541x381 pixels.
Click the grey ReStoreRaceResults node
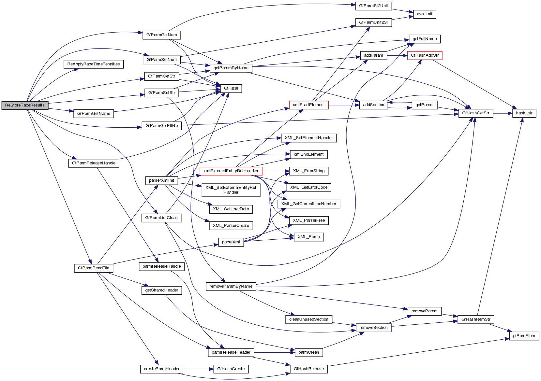click(25, 105)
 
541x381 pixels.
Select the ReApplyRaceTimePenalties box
click(93, 64)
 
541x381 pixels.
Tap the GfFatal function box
click(231, 88)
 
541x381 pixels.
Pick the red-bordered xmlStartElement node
click(308, 105)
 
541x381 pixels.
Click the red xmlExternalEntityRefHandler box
click(231, 171)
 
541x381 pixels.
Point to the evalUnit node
click(424, 14)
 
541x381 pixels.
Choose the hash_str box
click(524, 113)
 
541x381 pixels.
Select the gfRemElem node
click(524, 336)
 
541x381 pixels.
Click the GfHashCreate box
click(231, 369)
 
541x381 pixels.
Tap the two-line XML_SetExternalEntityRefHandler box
click(231, 190)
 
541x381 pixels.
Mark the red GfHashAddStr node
click(425, 55)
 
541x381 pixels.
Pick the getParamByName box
click(231, 68)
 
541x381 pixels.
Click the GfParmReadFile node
click(94, 268)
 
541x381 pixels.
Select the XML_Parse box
click(308, 237)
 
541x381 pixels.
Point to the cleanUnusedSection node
click(308, 319)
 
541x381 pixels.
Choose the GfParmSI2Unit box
click(373, 6)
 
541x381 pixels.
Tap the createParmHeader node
click(162, 369)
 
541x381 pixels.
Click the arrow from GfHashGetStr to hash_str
click(503, 113)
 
